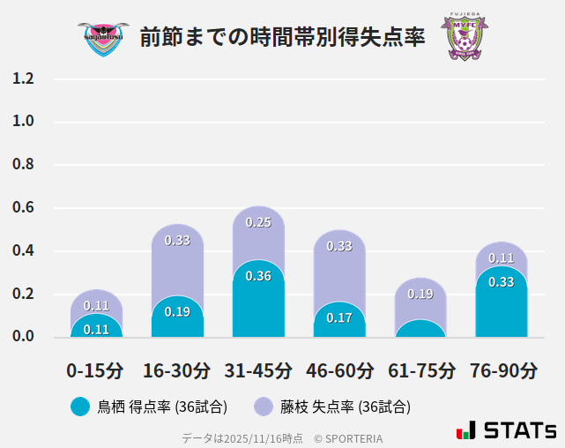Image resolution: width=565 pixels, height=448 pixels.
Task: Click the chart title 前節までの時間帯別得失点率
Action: pos(282,37)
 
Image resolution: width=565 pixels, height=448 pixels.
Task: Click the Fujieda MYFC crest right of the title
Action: pos(464,37)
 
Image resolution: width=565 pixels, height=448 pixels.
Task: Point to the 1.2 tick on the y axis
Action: pos(23,78)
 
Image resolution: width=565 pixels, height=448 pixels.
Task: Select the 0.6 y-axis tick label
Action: pos(23,208)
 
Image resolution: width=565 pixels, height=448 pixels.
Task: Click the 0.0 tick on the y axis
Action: pos(23,336)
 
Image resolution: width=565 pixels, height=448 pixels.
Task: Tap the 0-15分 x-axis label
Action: pos(95,370)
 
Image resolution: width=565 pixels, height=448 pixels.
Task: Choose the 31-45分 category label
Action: pos(257,370)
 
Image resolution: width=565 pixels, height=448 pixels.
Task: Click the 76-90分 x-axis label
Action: pos(502,370)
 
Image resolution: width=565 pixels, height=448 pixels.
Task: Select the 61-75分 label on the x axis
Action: pos(421,370)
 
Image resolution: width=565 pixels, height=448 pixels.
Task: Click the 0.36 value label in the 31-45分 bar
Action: pos(258,276)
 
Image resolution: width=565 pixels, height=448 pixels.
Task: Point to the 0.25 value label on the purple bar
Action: pos(258,223)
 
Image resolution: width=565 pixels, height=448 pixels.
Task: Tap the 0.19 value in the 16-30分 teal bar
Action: pos(177,311)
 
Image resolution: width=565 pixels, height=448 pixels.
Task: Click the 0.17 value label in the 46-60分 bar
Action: pos(339,317)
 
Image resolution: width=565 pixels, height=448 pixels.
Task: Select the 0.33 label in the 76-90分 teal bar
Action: pos(502,282)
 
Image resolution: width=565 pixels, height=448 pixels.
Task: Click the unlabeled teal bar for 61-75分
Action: pos(420,328)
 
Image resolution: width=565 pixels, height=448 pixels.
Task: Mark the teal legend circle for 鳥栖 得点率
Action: pos(79,407)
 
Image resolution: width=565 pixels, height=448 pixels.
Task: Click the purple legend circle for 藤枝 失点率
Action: pos(264,407)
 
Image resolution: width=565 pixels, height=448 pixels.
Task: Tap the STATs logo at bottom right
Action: pos(506,430)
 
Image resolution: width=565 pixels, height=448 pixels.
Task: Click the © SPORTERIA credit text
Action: pos(348,437)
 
